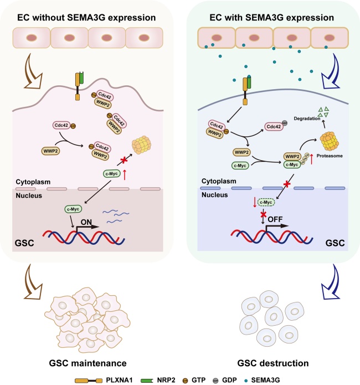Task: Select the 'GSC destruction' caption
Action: (270, 347)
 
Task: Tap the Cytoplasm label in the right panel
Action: (216, 181)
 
